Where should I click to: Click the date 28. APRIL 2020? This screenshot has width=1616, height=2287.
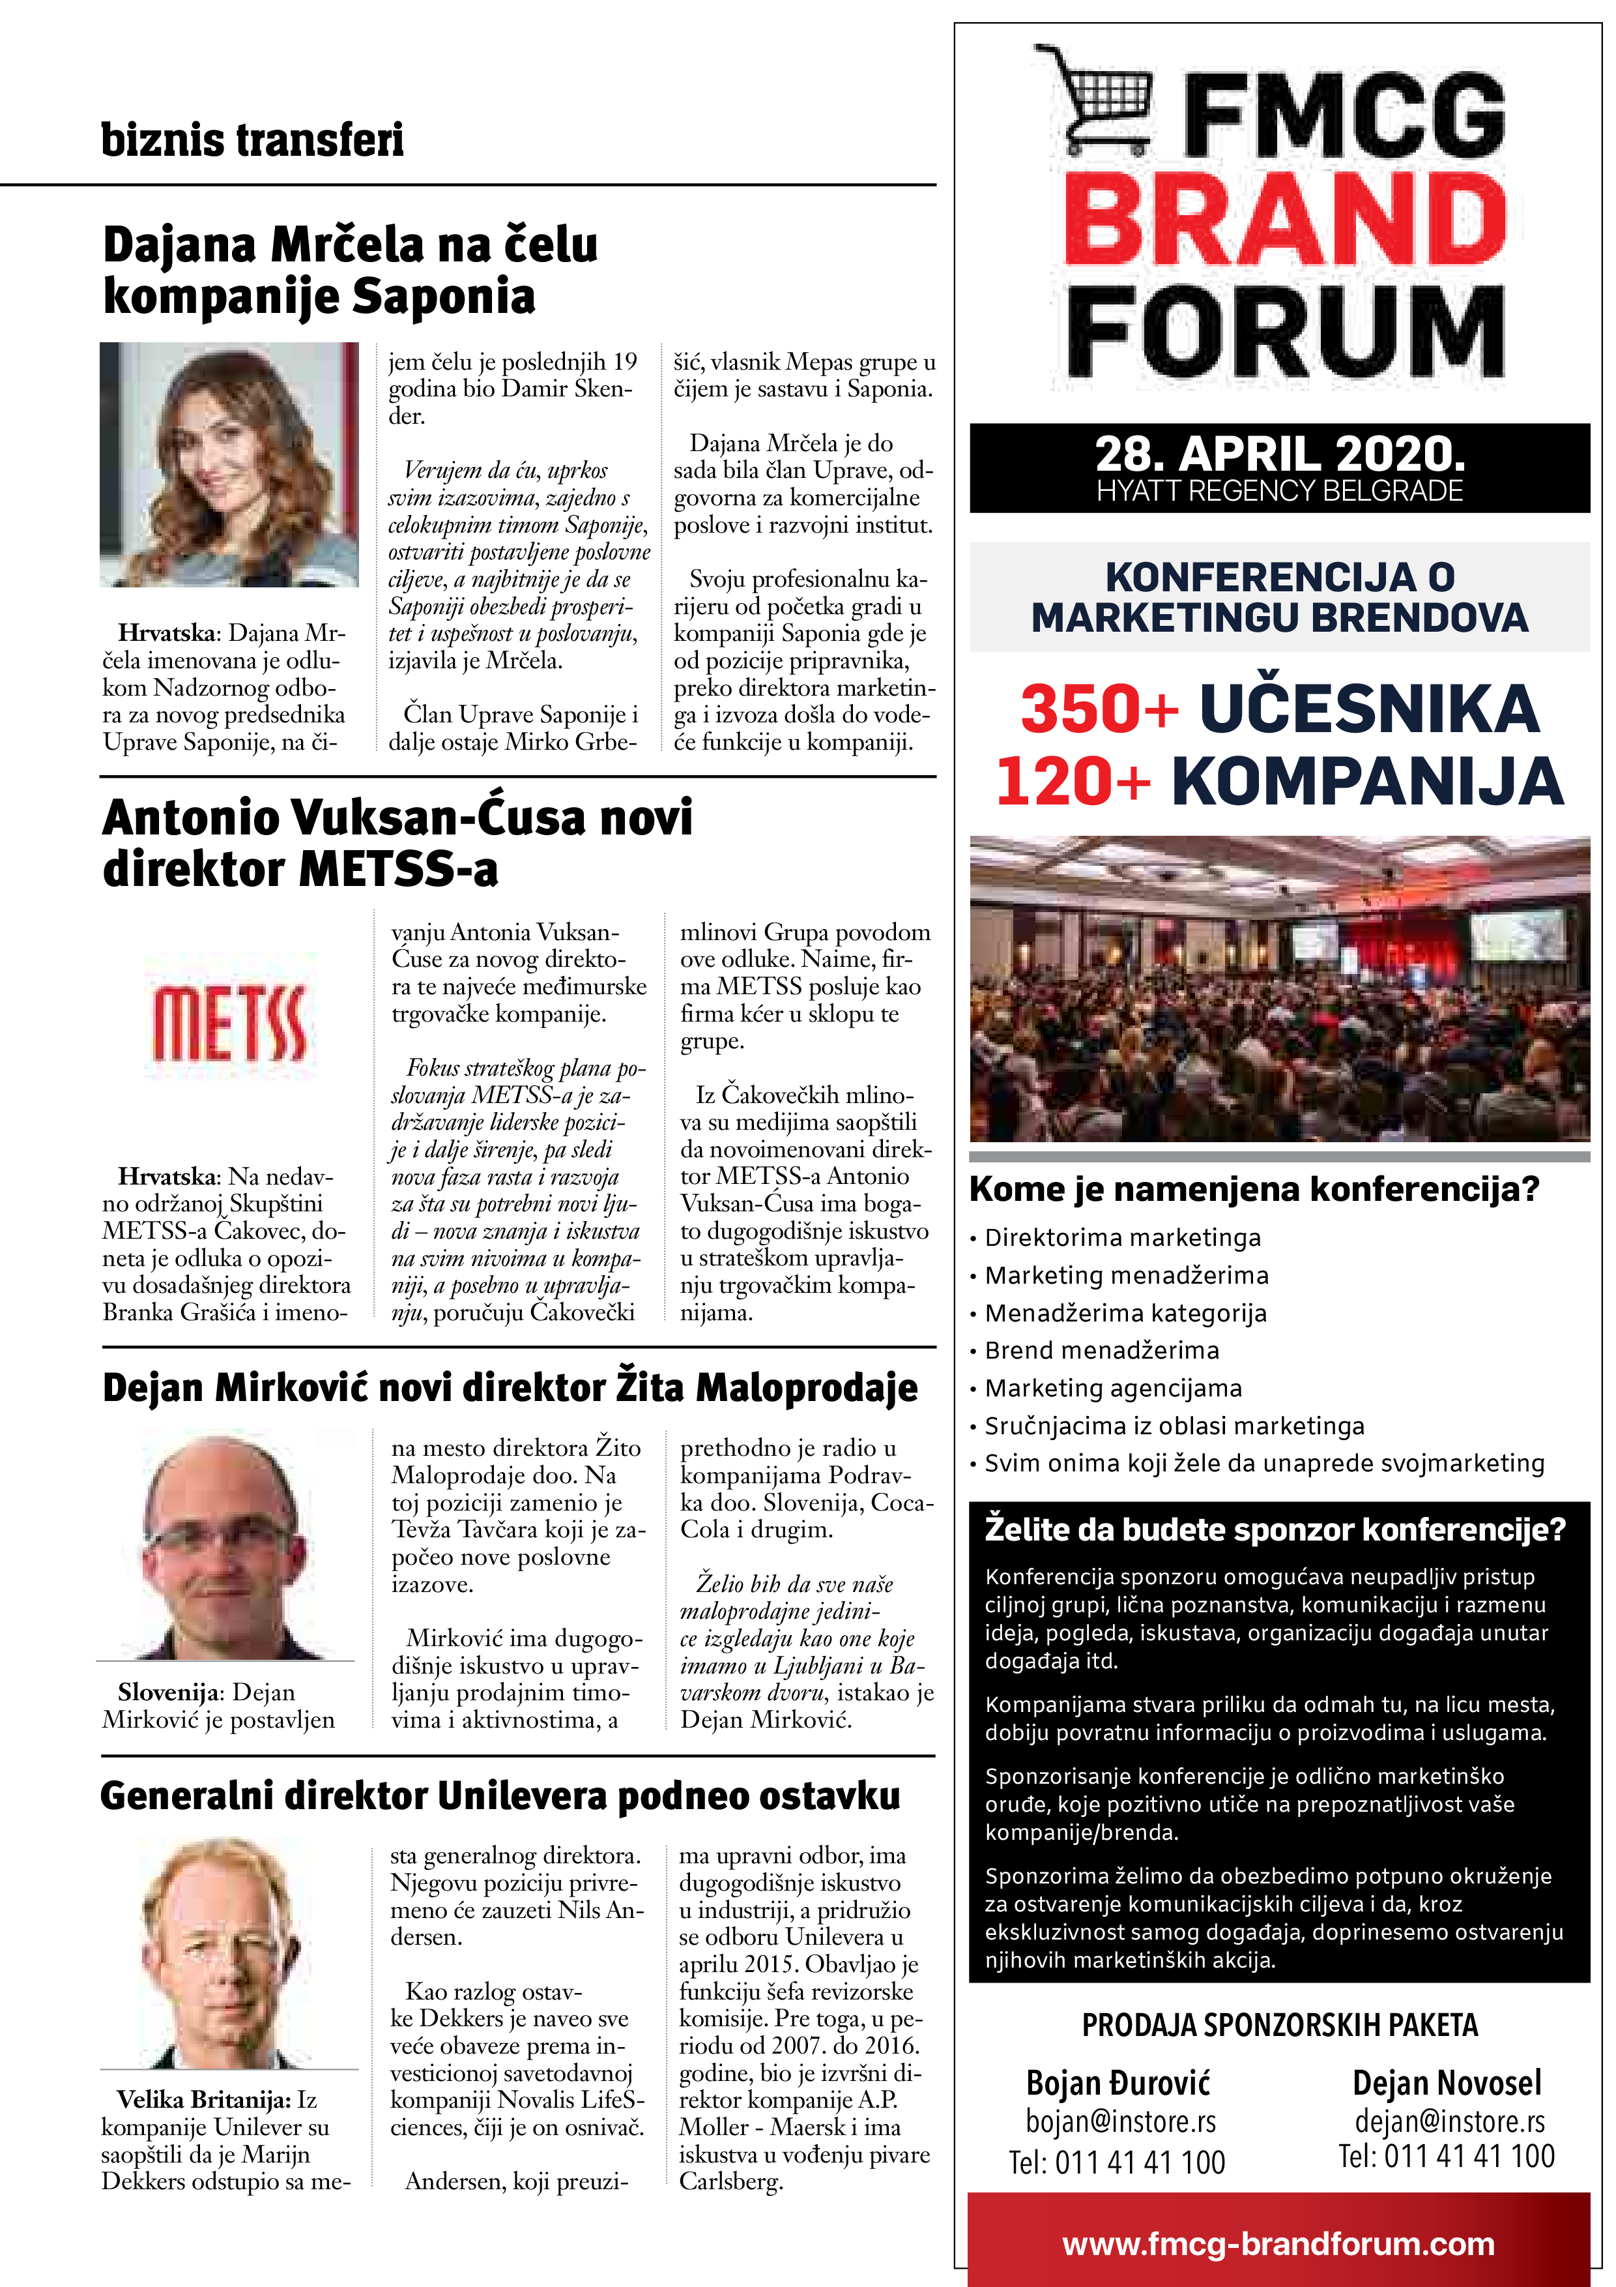(x=1280, y=454)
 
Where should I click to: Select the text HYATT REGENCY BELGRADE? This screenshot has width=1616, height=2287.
(x=1280, y=491)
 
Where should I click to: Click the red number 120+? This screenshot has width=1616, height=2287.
(x=1073, y=781)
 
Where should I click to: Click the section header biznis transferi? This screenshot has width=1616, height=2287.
(x=252, y=140)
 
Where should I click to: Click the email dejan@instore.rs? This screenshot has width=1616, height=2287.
(x=1449, y=2121)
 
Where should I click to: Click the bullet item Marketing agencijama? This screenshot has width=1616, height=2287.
(x=1113, y=1389)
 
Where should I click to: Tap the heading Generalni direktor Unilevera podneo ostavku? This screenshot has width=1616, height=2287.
(x=500, y=1796)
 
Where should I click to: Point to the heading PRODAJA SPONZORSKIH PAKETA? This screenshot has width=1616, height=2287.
(x=1280, y=2025)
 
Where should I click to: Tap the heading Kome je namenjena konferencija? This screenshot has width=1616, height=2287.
(x=1254, y=1189)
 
